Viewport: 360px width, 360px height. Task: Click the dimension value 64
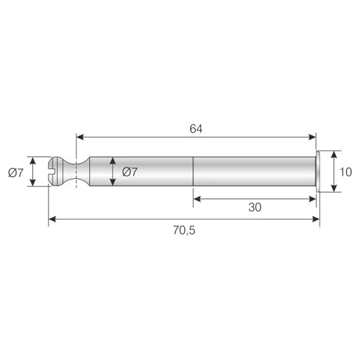(x=196, y=129)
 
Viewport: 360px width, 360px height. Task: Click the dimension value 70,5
(x=184, y=230)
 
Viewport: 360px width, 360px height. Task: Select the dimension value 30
(x=255, y=207)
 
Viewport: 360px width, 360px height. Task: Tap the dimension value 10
(x=345, y=172)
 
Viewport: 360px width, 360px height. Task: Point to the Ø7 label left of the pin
(x=16, y=173)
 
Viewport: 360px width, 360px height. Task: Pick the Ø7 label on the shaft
(x=130, y=172)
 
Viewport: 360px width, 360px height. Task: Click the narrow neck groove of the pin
(x=76, y=171)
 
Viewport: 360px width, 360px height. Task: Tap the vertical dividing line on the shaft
(x=193, y=171)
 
